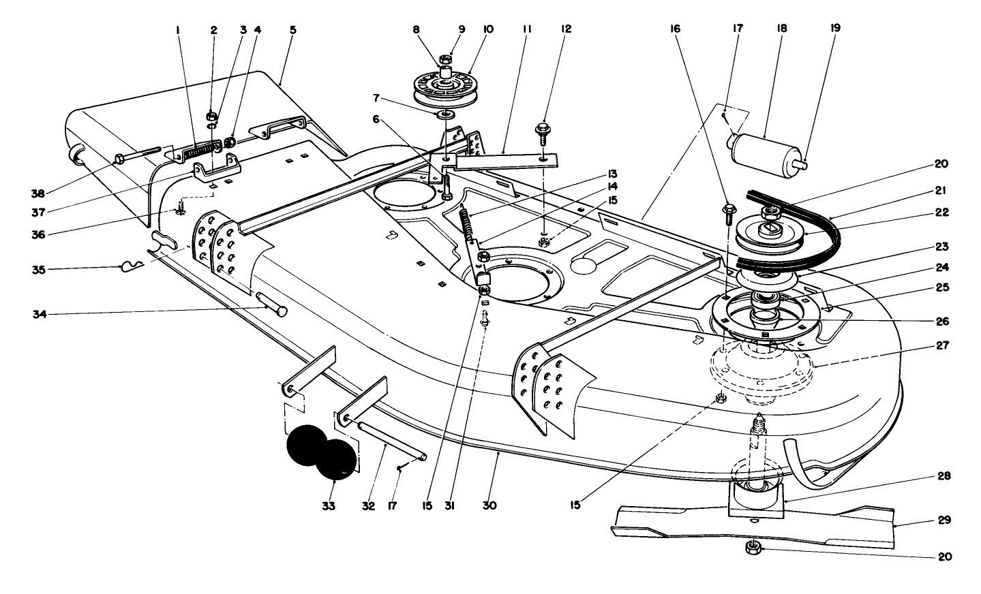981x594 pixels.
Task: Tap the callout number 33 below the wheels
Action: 329,506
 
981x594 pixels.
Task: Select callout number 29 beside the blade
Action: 943,520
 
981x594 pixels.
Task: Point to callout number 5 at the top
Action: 293,30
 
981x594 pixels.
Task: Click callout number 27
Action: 943,345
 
